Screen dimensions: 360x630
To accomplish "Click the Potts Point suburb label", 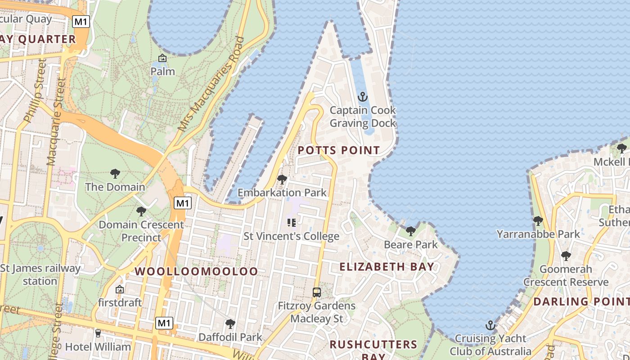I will pyautogui.click(x=339, y=150).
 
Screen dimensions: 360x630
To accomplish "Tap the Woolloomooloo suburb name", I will pyautogui.click(x=196, y=271).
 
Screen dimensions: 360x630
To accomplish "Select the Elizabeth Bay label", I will pyautogui.click(x=387, y=266).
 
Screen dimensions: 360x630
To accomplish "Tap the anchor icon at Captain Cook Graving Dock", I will pyautogui.click(x=362, y=97).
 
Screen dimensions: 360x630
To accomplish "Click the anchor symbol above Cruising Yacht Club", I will pyautogui.click(x=490, y=325).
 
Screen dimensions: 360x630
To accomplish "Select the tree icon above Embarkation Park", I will pyautogui.click(x=282, y=180).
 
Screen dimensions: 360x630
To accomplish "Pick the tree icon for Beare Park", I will pyautogui.click(x=410, y=231).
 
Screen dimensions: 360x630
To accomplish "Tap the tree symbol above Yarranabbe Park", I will pyautogui.click(x=538, y=220).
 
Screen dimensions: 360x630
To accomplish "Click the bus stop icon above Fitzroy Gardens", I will pyautogui.click(x=317, y=292).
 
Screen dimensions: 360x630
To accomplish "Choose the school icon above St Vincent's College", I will pyautogui.click(x=292, y=222).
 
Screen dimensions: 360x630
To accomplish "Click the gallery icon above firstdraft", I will pyautogui.click(x=120, y=289).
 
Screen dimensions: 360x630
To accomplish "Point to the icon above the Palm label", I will pyautogui.click(x=162, y=58).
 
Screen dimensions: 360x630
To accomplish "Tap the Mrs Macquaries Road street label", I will pyautogui.click(x=211, y=84).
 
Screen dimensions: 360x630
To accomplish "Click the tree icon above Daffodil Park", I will pyautogui.click(x=230, y=324).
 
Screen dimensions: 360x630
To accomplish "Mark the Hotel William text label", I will pyautogui.click(x=98, y=347).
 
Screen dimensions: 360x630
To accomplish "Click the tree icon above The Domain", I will pyautogui.click(x=115, y=173).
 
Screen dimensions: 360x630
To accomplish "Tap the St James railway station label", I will pyautogui.click(x=40, y=274).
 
